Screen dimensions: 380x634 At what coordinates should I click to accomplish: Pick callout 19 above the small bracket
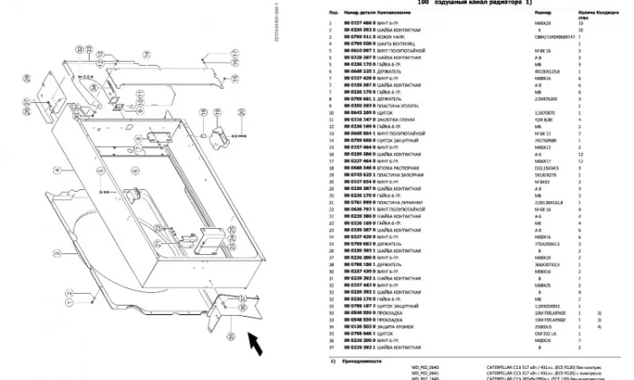coord(209,113)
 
